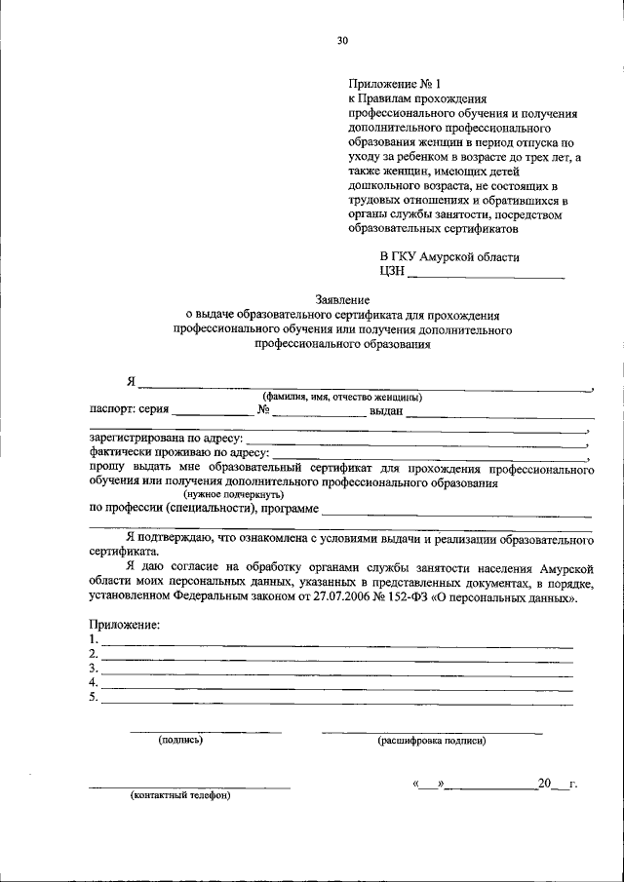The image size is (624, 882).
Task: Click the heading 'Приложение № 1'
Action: click(x=388, y=85)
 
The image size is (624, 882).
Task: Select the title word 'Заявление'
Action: click(x=342, y=300)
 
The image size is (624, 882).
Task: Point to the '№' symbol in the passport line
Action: click(x=263, y=410)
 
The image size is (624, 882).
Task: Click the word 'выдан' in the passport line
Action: click(x=385, y=411)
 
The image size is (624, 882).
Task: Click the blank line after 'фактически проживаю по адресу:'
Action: click(x=429, y=453)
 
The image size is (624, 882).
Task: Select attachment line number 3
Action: click(x=336, y=670)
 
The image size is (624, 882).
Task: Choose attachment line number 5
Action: click(x=336, y=699)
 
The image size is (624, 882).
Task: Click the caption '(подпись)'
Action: click(x=180, y=740)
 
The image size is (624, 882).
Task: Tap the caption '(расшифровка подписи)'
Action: click(x=431, y=741)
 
